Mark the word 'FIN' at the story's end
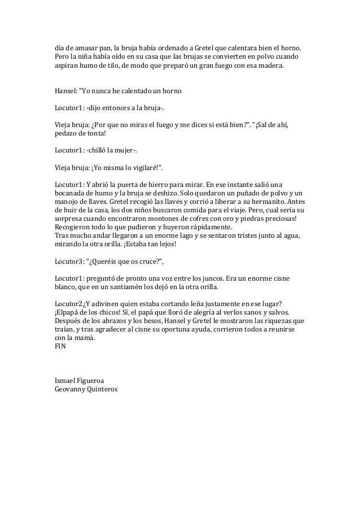tap(60, 347)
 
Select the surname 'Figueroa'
tap(95, 380)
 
